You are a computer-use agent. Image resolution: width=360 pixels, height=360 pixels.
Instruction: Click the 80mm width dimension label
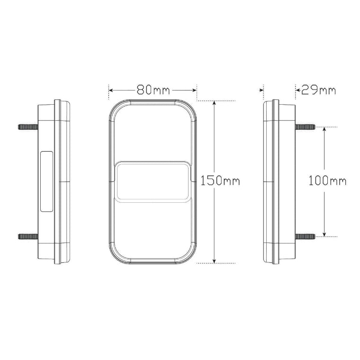[x=153, y=90]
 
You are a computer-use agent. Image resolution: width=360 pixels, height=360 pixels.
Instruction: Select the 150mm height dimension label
[x=220, y=180]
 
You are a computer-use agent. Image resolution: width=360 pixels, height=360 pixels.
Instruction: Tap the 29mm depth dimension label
[x=318, y=90]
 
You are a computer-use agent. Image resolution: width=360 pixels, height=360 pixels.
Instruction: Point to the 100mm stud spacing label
[x=327, y=180]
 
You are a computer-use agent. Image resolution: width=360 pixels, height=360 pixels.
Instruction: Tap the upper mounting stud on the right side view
[x=306, y=127]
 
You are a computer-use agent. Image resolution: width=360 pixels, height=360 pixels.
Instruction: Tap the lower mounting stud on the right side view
[x=306, y=236]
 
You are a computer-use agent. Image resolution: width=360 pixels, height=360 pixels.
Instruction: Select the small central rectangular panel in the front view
[x=153, y=181]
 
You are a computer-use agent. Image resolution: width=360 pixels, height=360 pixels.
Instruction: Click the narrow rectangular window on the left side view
[x=46, y=180]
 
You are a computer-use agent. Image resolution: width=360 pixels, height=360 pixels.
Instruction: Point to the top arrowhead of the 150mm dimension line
[x=215, y=103]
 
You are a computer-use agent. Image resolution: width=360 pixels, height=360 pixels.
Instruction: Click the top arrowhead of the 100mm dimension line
[x=324, y=130]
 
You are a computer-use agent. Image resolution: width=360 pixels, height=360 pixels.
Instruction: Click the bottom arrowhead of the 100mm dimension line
[x=324, y=233]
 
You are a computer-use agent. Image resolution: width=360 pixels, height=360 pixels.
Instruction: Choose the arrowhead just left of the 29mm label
[x=297, y=90]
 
